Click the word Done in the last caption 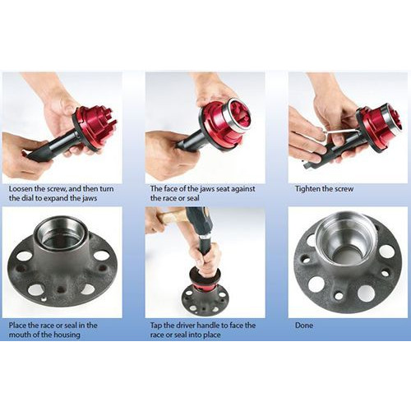click(x=304, y=326)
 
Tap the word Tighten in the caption click(x=309, y=189)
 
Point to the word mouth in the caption click(x=20, y=335)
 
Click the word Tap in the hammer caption click(x=156, y=326)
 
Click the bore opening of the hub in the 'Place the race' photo click(x=61, y=233)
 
